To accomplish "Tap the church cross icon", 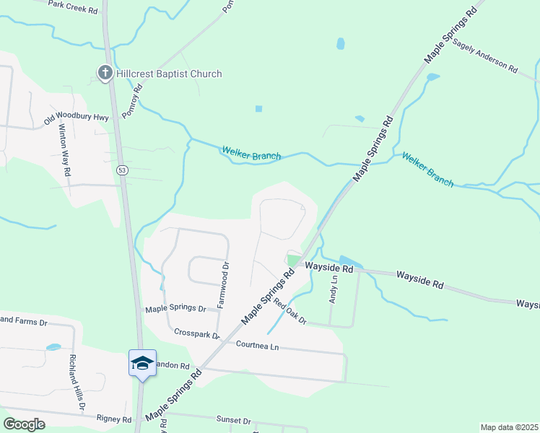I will point(105,73).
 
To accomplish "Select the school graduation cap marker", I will point(142,362).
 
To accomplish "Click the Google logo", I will point(24,424).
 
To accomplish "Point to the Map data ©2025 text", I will point(509,427).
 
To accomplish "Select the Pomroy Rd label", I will point(133,100).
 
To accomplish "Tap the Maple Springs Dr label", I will point(175,309).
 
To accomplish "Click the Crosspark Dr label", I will point(197,334).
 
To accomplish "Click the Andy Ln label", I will point(334,290).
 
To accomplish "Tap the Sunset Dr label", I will point(233,420).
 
